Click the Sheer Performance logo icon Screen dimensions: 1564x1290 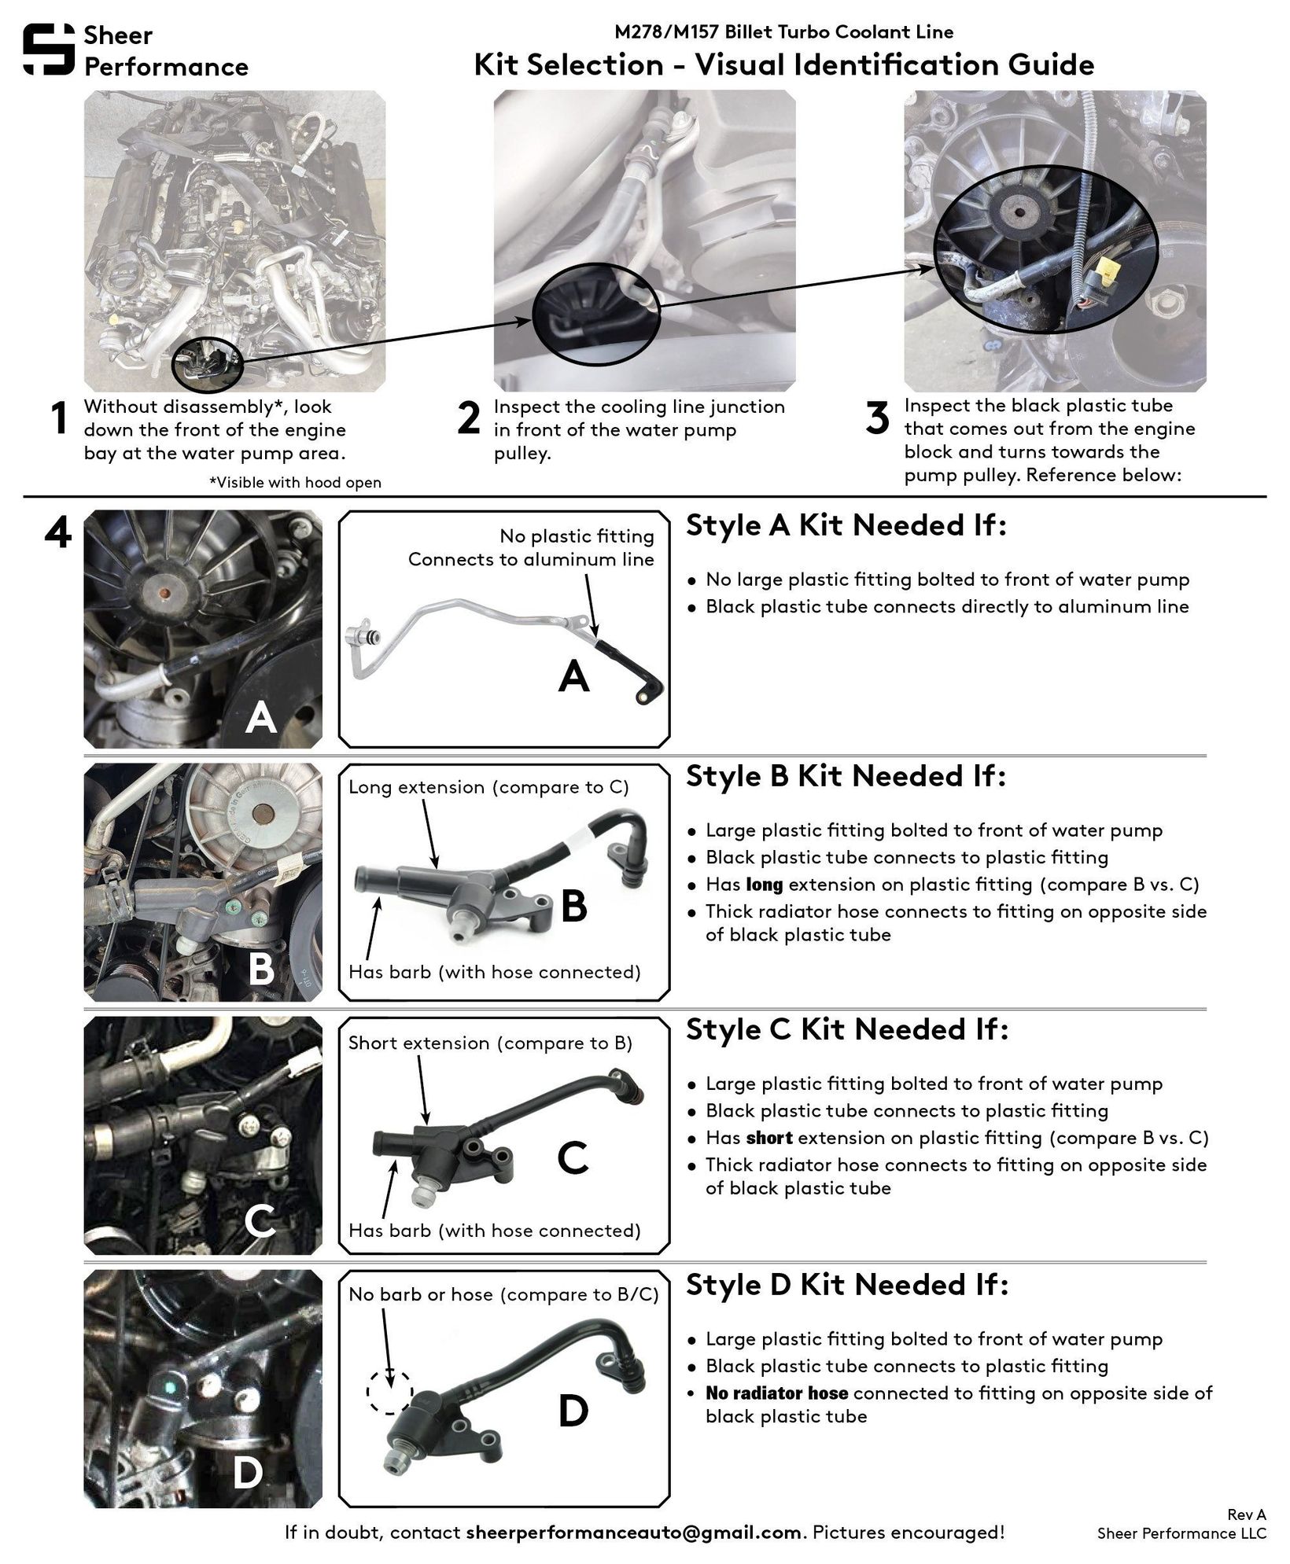pos(49,50)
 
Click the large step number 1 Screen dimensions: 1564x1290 pos(58,418)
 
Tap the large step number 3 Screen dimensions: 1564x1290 pos(877,418)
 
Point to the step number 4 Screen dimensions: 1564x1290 pos(57,532)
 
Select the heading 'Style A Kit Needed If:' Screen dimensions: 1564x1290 pos(846,525)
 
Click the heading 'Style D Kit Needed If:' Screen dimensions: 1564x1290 pos(846,1285)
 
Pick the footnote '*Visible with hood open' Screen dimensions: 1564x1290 pos(295,482)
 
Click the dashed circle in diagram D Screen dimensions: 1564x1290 pos(389,1391)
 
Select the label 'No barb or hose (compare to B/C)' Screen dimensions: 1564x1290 pos(503,1294)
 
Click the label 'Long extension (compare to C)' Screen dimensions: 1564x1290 pos(488,787)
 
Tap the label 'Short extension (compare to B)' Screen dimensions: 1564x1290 pos(490,1043)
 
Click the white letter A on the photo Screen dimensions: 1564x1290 pos(260,717)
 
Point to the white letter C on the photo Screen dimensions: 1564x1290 pos(260,1220)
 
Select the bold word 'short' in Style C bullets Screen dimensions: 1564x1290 pos(769,1138)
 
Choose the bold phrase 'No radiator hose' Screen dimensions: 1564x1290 pos(776,1393)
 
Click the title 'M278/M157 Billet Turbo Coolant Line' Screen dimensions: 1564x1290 pos(783,32)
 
